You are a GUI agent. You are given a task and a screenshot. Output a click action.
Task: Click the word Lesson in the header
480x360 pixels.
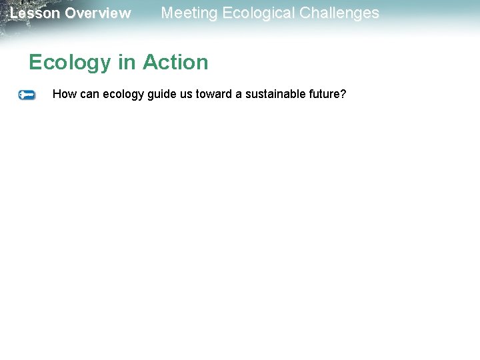[x=35, y=13]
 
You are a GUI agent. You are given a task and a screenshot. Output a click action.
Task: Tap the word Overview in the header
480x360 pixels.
[x=98, y=13]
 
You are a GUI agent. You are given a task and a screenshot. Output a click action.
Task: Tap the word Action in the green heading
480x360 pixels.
[x=175, y=62]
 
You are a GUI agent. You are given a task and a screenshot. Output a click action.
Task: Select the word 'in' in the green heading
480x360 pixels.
[x=127, y=62]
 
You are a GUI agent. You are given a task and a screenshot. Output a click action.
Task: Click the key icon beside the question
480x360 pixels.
[x=27, y=95]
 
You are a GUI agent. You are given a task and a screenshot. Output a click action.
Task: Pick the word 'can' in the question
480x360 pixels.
[x=89, y=94]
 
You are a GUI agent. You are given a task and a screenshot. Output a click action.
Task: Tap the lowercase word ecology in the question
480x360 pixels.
[x=123, y=95]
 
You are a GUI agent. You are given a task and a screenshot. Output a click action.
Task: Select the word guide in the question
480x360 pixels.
[x=162, y=95]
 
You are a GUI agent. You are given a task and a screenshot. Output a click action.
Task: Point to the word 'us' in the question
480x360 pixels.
[x=186, y=94]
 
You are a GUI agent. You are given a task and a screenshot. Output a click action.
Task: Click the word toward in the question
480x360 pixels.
[x=213, y=94]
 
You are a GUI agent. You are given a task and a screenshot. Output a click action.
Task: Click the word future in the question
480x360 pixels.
[x=324, y=94]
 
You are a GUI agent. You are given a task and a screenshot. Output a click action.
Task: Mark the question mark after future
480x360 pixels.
[x=343, y=94]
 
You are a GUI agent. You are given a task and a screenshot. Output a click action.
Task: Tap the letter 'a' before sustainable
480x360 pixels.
[x=237, y=95]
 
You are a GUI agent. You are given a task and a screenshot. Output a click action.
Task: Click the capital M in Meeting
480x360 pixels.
[x=167, y=13]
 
